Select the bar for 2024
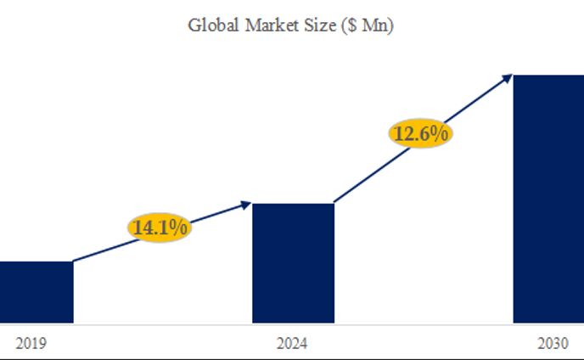pyautogui.click(x=293, y=263)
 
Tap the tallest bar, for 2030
pyautogui.click(x=547, y=200)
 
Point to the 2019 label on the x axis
pyautogui.click(x=31, y=344)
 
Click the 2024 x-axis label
pyautogui.click(x=292, y=344)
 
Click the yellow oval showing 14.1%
pyautogui.click(x=160, y=227)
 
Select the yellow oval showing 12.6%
pyautogui.click(x=420, y=133)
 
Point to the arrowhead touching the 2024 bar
pyautogui.click(x=246, y=203)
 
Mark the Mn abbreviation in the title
pyautogui.click(x=373, y=25)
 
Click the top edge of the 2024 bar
pyautogui.click(x=293, y=205)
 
